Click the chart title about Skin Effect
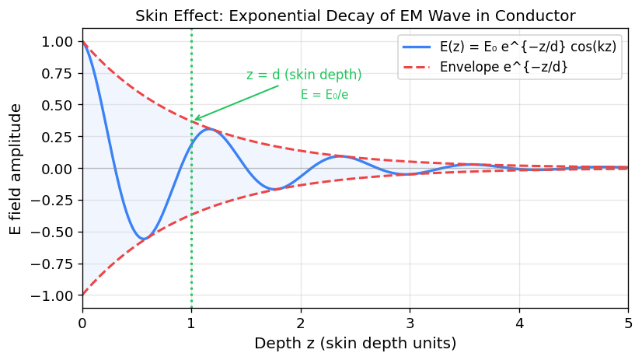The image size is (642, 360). (354, 16)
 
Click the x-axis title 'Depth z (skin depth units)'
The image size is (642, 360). (354, 343)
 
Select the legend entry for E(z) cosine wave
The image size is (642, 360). (528, 47)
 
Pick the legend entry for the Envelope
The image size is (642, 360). (503, 67)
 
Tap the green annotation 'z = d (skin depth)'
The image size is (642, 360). (304, 75)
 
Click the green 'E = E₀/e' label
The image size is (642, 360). (324, 95)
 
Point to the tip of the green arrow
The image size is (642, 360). (194, 121)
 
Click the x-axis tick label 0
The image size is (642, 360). (82, 321)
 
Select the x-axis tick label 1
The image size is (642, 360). (191, 321)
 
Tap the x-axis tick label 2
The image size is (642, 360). (301, 321)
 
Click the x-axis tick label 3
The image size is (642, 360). (410, 321)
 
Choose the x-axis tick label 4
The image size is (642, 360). (519, 321)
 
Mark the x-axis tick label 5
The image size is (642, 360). (628, 321)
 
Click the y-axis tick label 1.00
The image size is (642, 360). (56, 41)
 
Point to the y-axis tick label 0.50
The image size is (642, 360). (56, 105)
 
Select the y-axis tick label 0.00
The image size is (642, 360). (56, 169)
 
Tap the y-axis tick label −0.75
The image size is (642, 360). (52, 264)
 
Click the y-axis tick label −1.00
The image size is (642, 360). (52, 295)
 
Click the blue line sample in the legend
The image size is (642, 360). (418, 47)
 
